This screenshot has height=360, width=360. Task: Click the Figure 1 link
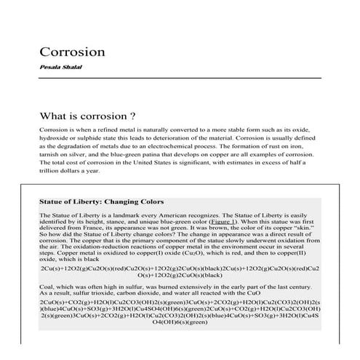tap(227, 231)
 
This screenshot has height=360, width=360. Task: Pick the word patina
tap(164, 154)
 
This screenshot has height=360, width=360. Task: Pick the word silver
tap(85, 154)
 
